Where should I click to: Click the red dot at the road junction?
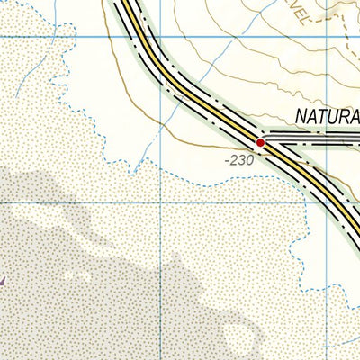click(260, 142)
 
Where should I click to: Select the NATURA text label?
click(327, 117)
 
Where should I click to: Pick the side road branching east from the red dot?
click(315, 141)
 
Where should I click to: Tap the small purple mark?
click(2, 282)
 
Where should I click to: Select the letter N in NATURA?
click(300, 117)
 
